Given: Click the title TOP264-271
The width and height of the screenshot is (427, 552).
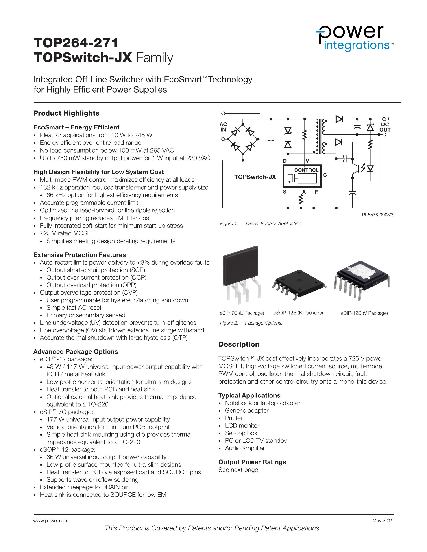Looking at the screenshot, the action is click(x=76, y=43).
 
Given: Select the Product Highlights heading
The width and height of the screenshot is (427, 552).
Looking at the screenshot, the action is click(x=66, y=113).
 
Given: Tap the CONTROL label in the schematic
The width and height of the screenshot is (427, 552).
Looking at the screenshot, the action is click(x=306, y=170).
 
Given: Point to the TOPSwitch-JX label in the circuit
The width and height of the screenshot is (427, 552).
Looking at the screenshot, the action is click(x=255, y=177).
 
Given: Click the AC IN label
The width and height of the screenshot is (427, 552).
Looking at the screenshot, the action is click(x=223, y=127).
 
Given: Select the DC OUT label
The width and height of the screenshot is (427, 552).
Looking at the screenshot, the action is click(x=385, y=127).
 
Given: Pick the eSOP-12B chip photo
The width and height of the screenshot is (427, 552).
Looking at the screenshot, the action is click(x=298, y=284).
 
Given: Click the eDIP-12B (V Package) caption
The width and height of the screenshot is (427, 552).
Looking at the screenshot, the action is click(x=364, y=313).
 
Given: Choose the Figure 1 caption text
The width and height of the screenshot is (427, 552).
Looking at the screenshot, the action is click(x=261, y=224).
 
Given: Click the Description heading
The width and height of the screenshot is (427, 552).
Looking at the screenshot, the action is click(x=239, y=344).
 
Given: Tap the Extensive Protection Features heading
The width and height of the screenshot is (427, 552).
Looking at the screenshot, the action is click(x=79, y=255).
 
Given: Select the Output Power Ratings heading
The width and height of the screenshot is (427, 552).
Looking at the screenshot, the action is click(x=252, y=462).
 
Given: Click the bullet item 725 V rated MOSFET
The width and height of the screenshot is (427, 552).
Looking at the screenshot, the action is click(x=69, y=233).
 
